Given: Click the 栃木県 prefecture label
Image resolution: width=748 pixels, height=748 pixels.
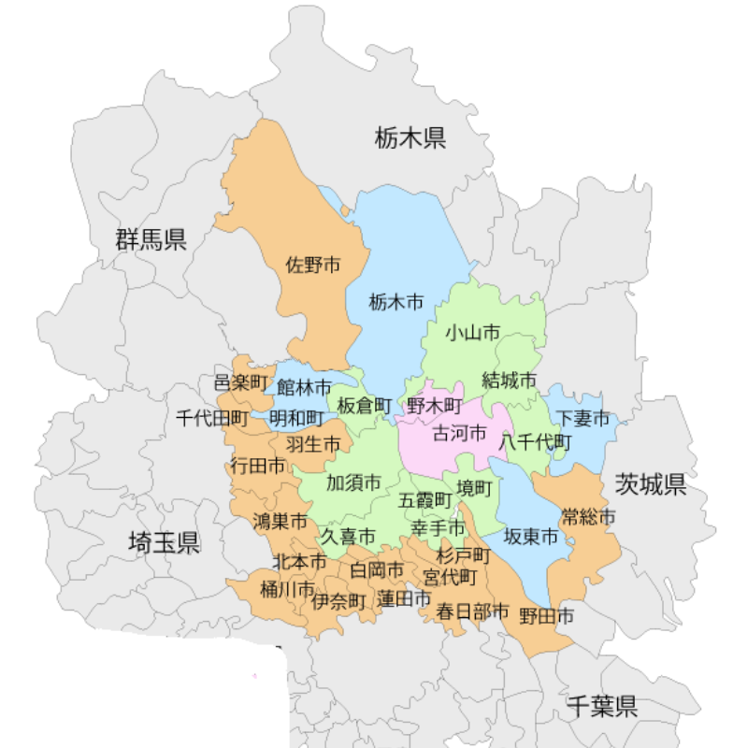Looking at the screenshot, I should (410, 139).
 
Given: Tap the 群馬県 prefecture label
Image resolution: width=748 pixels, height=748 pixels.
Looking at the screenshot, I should (151, 239).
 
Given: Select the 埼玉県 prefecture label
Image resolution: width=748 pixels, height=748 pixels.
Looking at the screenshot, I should (164, 542).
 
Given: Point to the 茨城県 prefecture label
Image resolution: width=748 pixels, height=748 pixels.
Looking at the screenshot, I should (651, 484).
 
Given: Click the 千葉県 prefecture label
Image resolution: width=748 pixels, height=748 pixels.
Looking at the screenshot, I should (602, 706).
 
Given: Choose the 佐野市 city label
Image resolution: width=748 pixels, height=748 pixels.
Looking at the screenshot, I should (313, 266).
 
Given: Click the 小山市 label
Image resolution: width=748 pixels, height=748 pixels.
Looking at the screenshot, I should (472, 333).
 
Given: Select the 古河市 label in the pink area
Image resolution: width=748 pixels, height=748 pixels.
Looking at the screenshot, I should (459, 433).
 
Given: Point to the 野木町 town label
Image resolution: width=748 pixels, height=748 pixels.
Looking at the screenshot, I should (435, 406).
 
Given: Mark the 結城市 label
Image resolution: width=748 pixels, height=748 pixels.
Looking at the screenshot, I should (510, 381).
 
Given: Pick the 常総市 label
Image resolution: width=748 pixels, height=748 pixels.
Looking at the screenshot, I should (589, 516).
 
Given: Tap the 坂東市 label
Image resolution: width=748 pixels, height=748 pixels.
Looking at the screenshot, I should (531, 537).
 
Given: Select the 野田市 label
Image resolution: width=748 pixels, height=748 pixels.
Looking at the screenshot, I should (547, 615).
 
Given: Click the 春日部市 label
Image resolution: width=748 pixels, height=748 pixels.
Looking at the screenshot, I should (473, 611).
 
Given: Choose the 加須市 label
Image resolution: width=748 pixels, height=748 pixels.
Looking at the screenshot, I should (353, 483).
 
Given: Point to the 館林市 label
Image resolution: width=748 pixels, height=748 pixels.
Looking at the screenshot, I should (304, 386).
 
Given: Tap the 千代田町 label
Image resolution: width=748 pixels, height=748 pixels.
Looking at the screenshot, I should (212, 418).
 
